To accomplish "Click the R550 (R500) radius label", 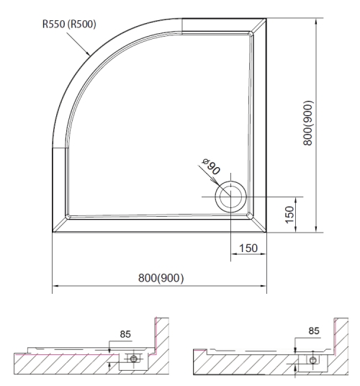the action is click(69, 24).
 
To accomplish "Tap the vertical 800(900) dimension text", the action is click(308, 123).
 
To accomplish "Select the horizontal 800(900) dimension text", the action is click(161, 278).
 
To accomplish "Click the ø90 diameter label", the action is click(211, 166).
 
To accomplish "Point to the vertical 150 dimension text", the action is click(290, 215).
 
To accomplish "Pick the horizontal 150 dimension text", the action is click(248, 248).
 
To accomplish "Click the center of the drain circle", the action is click(230, 197).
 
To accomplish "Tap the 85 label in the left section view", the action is click(125, 334).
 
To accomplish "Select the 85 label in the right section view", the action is click(314, 331).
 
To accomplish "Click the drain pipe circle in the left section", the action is click(134, 359).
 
